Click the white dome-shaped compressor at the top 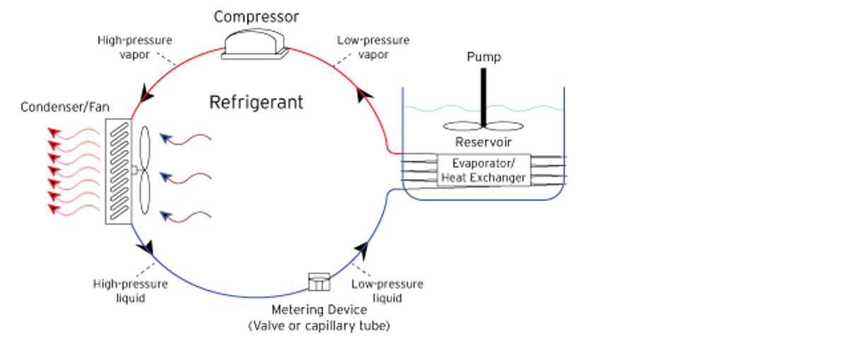click(x=255, y=44)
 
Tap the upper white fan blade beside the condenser click(x=144, y=149)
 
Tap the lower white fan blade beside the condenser click(x=144, y=193)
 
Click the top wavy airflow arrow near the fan click(x=185, y=139)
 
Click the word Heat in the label click(x=453, y=177)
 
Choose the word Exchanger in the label click(x=496, y=177)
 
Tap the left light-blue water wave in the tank click(x=441, y=109)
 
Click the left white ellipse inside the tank click(x=463, y=127)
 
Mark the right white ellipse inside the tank click(x=504, y=127)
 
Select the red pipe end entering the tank click(x=393, y=151)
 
